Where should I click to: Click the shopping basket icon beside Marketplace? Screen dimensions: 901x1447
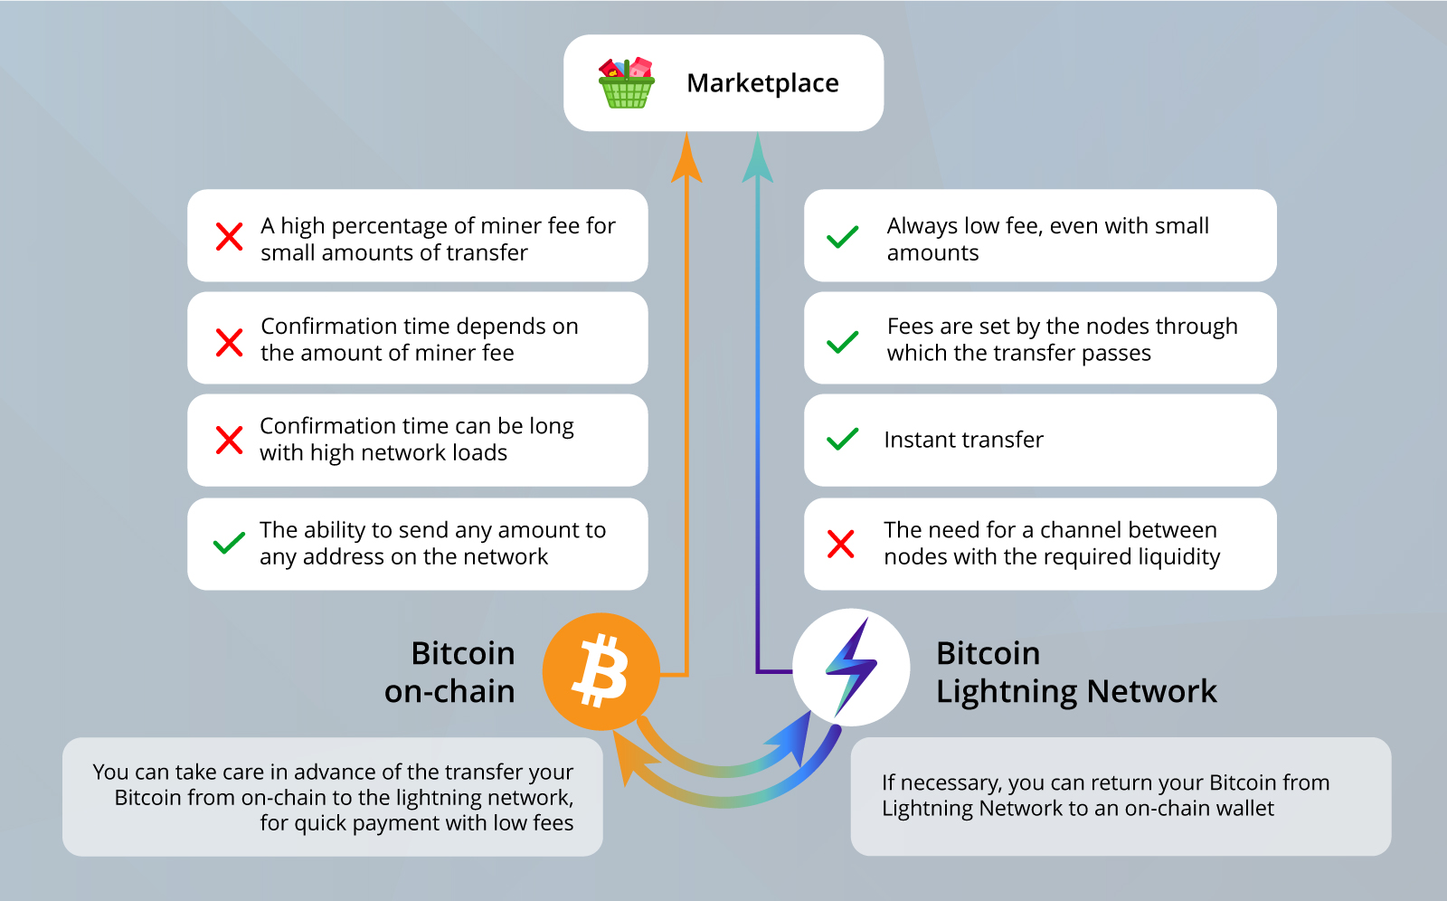click(x=626, y=83)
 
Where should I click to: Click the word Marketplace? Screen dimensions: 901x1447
click(x=762, y=83)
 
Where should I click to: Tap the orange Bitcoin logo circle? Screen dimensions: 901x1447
click(x=601, y=671)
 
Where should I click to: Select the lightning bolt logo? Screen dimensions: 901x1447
click(x=851, y=667)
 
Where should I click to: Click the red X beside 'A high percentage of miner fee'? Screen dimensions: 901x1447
click(x=230, y=237)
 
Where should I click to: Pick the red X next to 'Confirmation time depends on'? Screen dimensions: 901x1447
click(x=230, y=343)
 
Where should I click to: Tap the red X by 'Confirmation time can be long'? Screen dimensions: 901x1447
click(x=230, y=441)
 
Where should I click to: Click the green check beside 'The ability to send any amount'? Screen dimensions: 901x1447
click(x=229, y=543)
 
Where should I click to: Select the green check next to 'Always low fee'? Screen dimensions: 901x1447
click(x=842, y=238)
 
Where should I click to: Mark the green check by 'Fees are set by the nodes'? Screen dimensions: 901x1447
click(x=842, y=342)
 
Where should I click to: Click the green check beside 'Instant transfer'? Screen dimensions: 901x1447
click(x=842, y=440)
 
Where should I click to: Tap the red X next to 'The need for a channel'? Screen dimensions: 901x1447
click(x=841, y=544)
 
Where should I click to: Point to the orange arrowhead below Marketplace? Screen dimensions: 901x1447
click(x=687, y=159)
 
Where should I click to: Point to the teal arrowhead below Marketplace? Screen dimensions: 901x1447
click(x=758, y=159)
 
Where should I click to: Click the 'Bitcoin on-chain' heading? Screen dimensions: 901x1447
click(x=450, y=672)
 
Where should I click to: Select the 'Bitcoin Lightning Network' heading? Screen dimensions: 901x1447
click(x=1076, y=672)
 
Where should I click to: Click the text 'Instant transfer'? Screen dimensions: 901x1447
click(x=963, y=440)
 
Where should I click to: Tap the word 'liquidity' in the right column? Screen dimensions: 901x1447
click(x=1176, y=557)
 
